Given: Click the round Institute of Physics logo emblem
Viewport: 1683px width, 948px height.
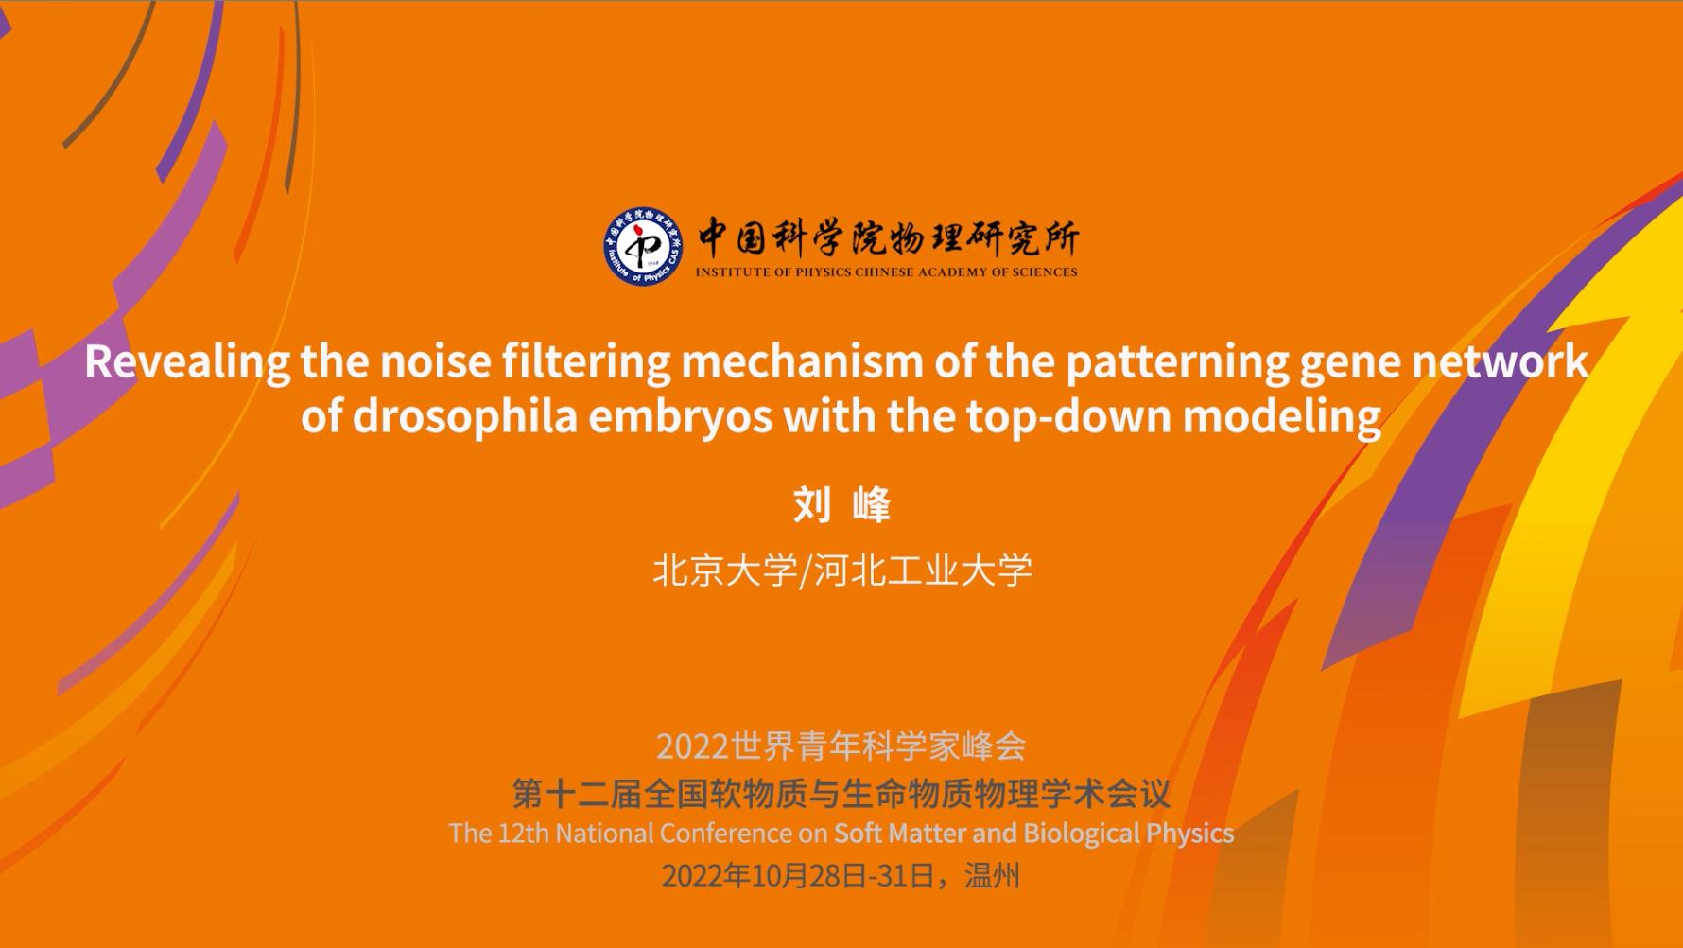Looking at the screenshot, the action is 643,246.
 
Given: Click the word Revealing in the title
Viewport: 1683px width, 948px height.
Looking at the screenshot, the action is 187,362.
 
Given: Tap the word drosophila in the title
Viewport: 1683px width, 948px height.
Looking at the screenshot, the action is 464,416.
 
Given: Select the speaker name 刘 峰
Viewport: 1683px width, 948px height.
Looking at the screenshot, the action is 841,504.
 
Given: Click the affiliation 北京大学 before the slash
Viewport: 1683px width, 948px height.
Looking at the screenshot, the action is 725,570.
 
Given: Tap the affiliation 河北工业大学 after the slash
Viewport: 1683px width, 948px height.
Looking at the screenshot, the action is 923,570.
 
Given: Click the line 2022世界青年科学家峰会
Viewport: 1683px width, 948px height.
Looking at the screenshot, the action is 841,746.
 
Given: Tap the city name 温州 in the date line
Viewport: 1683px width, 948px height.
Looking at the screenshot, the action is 993,876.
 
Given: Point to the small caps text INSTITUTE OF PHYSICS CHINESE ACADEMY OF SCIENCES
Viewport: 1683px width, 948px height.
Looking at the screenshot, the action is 887,272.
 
